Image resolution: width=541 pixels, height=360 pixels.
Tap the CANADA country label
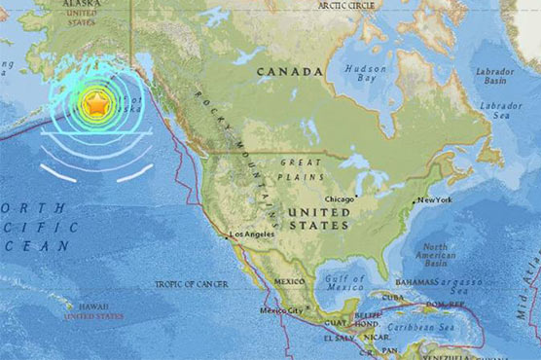click(x=290, y=72)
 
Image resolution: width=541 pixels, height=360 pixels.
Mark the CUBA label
click(x=393, y=296)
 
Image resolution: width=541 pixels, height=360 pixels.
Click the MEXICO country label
click(x=289, y=280)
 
